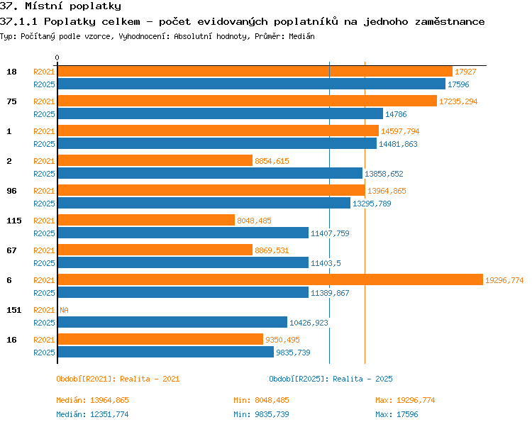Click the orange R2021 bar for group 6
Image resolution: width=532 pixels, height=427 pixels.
click(270, 279)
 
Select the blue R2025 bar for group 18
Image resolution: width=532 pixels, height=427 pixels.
click(251, 84)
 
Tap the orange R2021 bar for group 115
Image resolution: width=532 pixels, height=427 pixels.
click(146, 220)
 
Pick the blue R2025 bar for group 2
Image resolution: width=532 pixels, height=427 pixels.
click(210, 173)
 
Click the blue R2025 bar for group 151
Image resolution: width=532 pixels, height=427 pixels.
click(172, 322)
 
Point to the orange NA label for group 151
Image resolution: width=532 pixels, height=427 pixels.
click(64, 310)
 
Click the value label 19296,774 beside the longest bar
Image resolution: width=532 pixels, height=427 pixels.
click(504, 280)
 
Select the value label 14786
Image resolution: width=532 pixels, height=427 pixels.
click(396, 114)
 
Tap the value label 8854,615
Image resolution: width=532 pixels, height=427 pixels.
click(272, 161)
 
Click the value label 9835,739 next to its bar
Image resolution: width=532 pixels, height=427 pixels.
click(293, 353)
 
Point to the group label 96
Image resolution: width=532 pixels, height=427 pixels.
click(11, 191)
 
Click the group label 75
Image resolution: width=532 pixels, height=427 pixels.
click(11, 101)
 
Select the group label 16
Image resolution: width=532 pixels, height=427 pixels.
click(11, 340)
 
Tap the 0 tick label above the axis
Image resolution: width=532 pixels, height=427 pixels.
click(57, 57)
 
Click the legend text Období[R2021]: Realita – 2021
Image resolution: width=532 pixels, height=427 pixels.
click(118, 379)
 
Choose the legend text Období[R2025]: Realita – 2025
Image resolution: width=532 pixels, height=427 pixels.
click(331, 379)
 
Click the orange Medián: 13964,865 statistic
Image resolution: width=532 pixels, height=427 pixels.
click(92, 400)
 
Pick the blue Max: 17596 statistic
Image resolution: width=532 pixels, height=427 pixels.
click(397, 414)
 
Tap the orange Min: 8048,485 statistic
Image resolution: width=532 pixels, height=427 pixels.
click(261, 400)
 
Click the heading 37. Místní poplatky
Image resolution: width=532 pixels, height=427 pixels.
click(60, 6)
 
